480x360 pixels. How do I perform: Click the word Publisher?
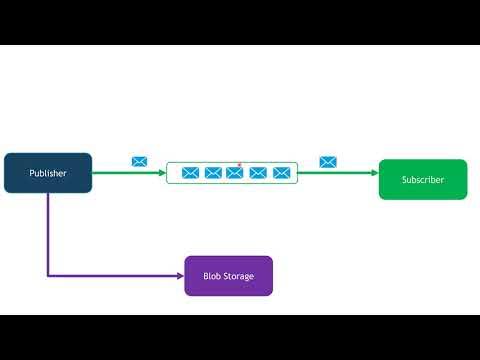point(48,173)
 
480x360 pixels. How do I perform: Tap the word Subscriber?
point(422,180)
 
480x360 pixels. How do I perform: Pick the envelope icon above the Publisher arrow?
point(139,161)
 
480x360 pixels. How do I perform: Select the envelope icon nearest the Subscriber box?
point(327,161)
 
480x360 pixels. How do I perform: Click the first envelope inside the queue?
point(190,173)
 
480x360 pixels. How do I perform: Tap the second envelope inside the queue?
point(213,173)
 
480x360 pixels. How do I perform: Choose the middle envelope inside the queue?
point(235,173)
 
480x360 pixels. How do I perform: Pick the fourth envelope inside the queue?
point(258,173)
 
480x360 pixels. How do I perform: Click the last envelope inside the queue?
point(281,173)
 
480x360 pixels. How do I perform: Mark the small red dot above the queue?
point(240,164)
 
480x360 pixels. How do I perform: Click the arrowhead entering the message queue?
point(163,173)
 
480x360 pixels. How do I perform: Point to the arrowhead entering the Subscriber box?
point(375,173)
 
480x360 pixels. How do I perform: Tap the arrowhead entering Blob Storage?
point(181,276)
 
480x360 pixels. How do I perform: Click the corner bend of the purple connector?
point(48,276)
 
